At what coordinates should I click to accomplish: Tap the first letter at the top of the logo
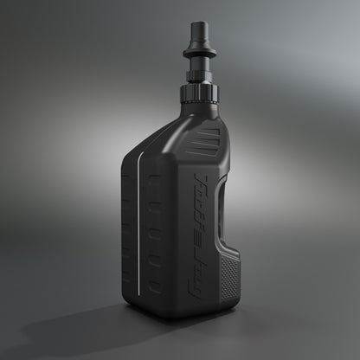[204, 179]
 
